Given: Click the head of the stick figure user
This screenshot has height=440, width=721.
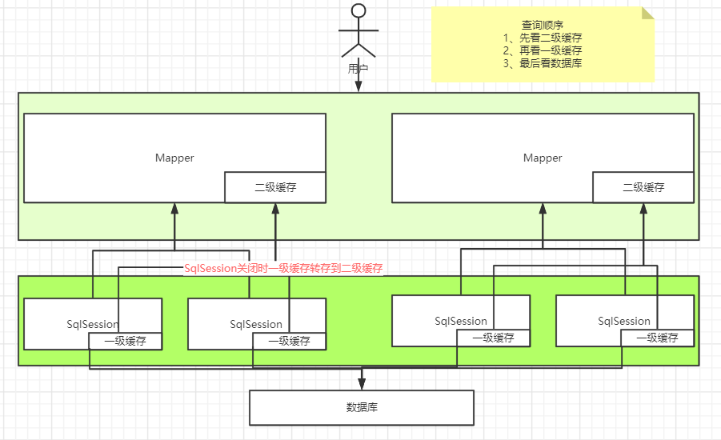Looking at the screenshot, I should click(x=358, y=10).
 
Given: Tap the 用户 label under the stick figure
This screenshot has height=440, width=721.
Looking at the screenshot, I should click(x=358, y=69).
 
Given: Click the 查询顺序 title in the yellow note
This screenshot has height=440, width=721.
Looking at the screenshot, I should click(x=543, y=25).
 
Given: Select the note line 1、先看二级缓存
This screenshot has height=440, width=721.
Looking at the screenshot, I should click(x=543, y=38).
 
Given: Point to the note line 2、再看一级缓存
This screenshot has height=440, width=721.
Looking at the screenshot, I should click(x=543, y=50).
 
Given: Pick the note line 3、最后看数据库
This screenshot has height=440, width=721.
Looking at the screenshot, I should click(x=543, y=63).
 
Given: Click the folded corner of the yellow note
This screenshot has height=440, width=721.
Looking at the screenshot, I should click(x=647, y=14).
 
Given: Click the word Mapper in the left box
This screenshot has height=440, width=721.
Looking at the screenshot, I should click(x=174, y=158).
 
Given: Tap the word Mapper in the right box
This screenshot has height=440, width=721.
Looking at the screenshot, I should click(x=543, y=158).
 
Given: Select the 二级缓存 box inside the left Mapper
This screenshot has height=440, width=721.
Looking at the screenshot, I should click(x=275, y=187).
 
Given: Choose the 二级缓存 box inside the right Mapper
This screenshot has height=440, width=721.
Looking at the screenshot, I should click(x=643, y=187).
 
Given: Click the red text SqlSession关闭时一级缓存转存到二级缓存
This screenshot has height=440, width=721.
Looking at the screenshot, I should click(x=284, y=269).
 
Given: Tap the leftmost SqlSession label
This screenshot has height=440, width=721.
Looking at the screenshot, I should click(x=93, y=324).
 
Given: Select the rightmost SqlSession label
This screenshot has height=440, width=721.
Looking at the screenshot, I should click(x=624, y=321).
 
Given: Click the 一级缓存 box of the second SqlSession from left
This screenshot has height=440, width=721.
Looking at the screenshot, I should click(x=289, y=341).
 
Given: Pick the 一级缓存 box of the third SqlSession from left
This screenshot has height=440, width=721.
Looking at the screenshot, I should click(x=493, y=338).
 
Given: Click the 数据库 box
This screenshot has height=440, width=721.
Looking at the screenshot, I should click(x=362, y=407).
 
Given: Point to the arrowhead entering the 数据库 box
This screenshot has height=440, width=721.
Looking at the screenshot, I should click(x=362, y=385).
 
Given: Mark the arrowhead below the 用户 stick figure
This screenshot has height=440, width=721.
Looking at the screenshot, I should click(x=358, y=87).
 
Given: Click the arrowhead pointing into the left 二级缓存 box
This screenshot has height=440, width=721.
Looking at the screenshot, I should click(x=275, y=209).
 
